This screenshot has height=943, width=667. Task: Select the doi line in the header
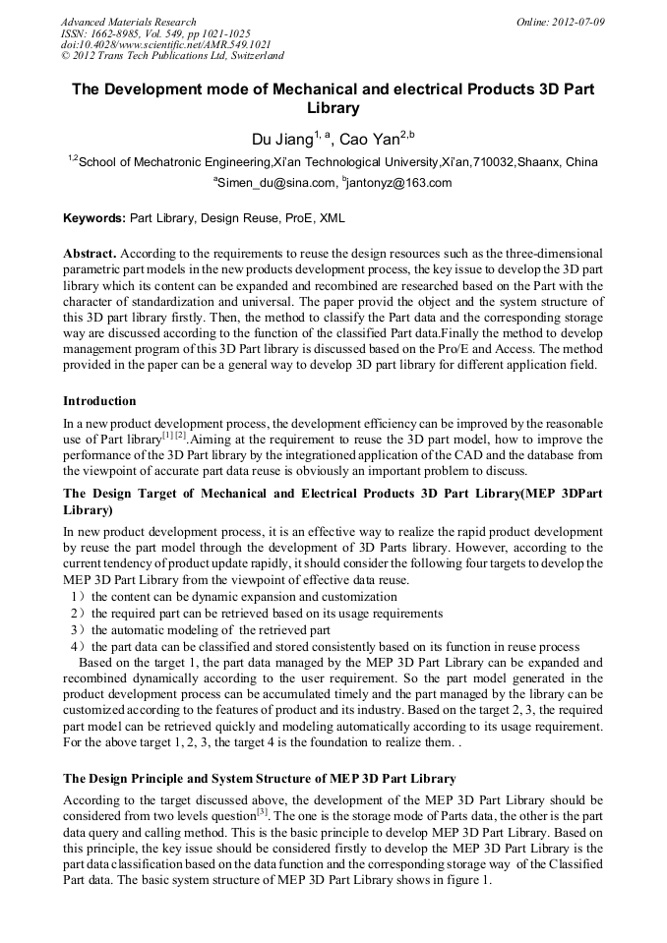(164, 45)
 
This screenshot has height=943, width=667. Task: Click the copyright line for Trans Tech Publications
(172, 57)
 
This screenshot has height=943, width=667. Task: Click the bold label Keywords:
(94, 218)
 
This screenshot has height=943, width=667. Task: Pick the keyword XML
(333, 218)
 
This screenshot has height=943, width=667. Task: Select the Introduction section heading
(99, 401)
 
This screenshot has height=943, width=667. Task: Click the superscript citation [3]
(262, 811)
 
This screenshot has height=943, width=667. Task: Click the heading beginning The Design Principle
(259, 779)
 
